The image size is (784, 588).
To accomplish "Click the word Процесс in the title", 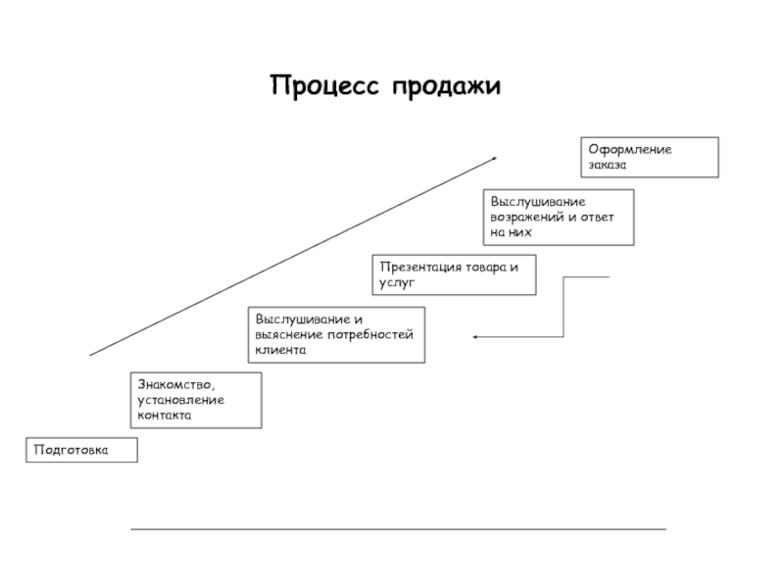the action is tap(324, 85).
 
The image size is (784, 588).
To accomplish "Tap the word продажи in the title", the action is tap(446, 87).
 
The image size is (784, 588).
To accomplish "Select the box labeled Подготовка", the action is tap(81, 450).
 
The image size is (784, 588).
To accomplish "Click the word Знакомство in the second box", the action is tap(176, 385).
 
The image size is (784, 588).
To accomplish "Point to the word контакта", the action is tap(164, 416).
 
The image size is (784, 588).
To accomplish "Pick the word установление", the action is tap(180, 401).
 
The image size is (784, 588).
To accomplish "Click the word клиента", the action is tap(280, 350).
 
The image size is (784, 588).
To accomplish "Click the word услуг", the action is tap(397, 283).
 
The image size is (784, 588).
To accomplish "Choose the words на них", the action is tap(511, 232).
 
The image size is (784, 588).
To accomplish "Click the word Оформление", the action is tap(630, 150).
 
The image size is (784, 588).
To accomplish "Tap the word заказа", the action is tap(607, 165).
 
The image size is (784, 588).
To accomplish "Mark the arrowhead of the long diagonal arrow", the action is tap(495, 159).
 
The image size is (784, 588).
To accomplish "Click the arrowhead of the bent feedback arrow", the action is tap(475, 337).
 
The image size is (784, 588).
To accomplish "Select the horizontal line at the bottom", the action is tap(399, 528).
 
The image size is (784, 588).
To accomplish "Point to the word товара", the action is tap(485, 268).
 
